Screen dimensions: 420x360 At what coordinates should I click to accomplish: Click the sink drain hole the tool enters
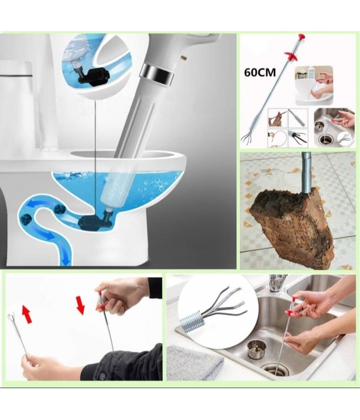[277, 370]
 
